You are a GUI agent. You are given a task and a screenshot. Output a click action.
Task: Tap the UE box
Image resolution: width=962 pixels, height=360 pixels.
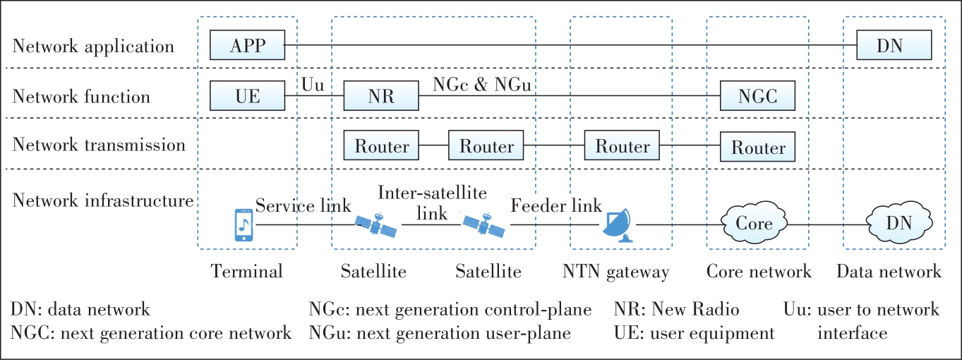(x=247, y=96)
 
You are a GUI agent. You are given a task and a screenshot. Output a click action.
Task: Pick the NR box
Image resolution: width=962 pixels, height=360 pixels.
(x=380, y=96)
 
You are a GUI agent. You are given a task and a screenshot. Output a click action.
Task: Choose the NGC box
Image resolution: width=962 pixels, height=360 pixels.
(x=757, y=96)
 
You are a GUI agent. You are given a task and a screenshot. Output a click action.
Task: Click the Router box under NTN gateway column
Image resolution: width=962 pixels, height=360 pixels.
(x=622, y=146)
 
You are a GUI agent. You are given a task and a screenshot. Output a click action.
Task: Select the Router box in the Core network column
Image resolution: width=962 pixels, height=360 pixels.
(x=757, y=148)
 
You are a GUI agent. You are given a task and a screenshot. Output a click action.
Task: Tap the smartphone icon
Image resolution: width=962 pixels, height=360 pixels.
(x=243, y=225)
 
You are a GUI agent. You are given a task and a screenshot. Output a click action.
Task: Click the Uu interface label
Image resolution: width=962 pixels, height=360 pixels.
(x=313, y=85)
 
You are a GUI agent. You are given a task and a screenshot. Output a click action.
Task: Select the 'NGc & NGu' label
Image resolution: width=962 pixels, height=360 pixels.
(x=481, y=85)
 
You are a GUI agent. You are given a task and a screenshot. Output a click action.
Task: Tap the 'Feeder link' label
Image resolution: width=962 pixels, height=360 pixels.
(x=556, y=206)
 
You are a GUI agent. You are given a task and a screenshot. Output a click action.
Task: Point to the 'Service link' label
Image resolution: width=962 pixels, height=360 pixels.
(x=303, y=206)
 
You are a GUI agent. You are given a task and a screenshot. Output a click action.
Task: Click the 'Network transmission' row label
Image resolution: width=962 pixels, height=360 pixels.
(x=99, y=145)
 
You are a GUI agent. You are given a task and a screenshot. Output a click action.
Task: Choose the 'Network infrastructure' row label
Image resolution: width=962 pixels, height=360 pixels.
(x=103, y=200)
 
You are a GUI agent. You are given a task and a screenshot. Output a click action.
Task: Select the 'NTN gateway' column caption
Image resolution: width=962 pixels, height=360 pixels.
(x=615, y=272)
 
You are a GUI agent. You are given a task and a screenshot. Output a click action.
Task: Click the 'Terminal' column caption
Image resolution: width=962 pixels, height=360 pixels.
(x=246, y=272)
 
